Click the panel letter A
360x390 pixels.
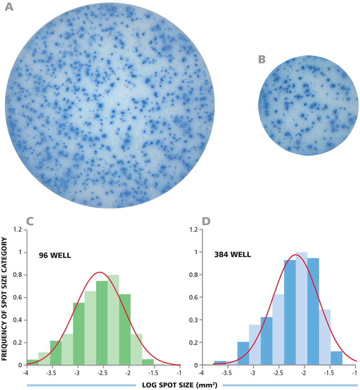tap(9, 7)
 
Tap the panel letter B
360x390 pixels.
tap(262, 59)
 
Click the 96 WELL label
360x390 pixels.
tap(55, 254)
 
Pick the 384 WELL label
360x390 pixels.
tap(232, 254)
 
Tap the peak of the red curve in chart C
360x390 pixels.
tap(99, 272)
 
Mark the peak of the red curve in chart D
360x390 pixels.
tap(294, 255)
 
